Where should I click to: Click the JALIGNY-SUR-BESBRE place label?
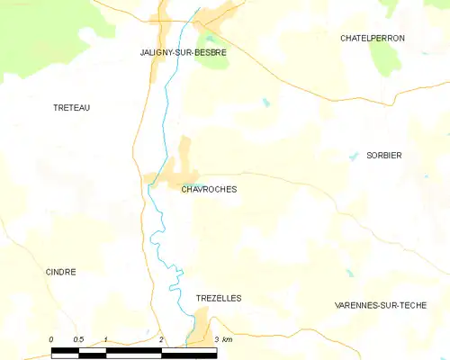pyautogui.click(x=183, y=52)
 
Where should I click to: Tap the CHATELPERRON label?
pyautogui.click(x=373, y=38)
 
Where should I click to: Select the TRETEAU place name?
pyautogui.click(x=72, y=107)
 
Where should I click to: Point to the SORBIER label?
pyautogui.click(x=383, y=156)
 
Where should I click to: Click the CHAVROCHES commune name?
pyautogui.click(x=209, y=190)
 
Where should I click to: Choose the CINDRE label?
pyautogui.click(x=60, y=271)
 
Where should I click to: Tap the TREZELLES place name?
pyautogui.click(x=219, y=297)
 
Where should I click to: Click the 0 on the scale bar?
pyautogui.click(x=51, y=339)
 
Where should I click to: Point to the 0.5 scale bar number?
pyautogui.click(x=78, y=339)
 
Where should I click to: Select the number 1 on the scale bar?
pyautogui.click(x=106, y=339)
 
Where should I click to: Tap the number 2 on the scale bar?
pyautogui.click(x=161, y=339)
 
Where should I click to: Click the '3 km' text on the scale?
pyautogui.click(x=223, y=339)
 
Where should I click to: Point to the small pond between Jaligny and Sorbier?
pyautogui.click(x=266, y=103)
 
